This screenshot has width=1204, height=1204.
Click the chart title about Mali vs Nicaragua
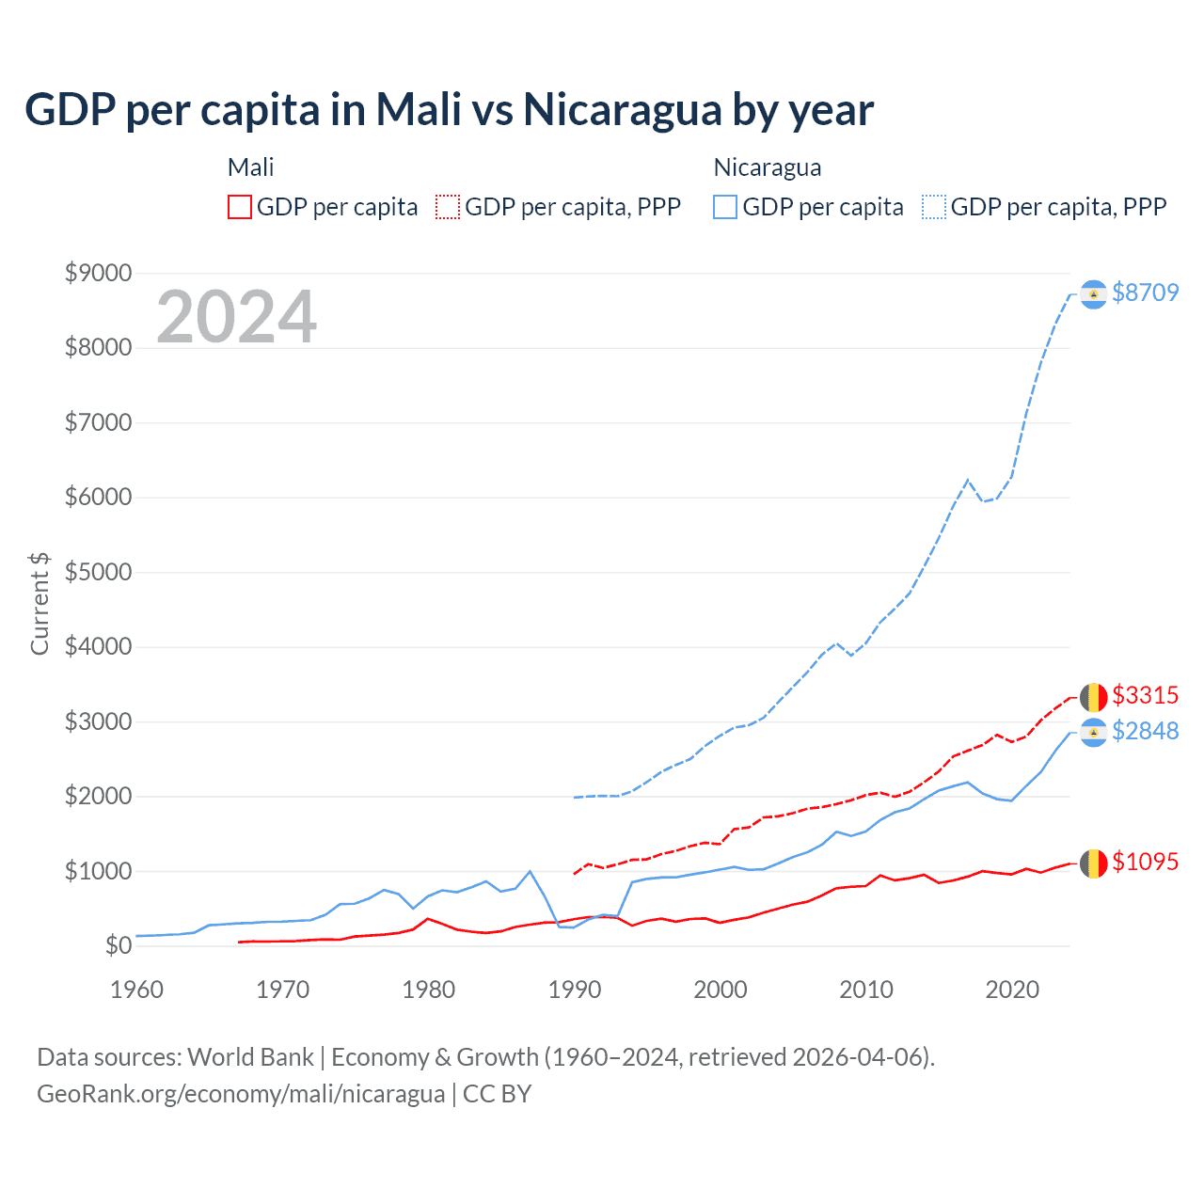pos(449,110)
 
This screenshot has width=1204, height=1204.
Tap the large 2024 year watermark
pos(236,317)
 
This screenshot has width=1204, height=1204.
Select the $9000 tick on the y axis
pos(98,274)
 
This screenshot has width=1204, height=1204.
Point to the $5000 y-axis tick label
pos(98,573)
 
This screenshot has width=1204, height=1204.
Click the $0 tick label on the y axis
pos(118,945)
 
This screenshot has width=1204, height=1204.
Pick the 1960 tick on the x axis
pos(137,990)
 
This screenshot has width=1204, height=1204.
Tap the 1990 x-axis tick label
pos(575,990)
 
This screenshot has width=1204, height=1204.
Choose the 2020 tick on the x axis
pos(1012,990)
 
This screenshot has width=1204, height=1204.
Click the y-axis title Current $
pos(40,604)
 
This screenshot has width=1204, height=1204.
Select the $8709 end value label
pos(1145,293)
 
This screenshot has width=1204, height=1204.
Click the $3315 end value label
pos(1145,695)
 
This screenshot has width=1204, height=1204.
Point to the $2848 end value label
pos(1145,731)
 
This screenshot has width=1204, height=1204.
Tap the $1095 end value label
pos(1145,862)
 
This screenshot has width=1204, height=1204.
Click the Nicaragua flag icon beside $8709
pos(1093,294)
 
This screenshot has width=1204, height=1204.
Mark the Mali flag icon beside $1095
pos(1093,863)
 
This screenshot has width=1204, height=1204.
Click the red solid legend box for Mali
pos(240,207)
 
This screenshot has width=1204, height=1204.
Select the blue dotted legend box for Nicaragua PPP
pos(934,207)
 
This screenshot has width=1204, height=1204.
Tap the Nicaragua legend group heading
pos(768,167)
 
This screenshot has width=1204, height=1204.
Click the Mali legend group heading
pos(251,167)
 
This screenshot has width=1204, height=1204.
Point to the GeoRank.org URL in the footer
pos(241,1094)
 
